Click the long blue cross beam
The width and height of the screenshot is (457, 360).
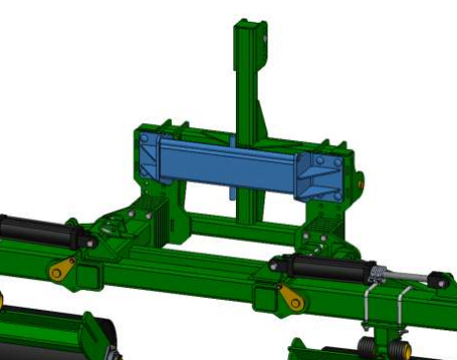click(227, 165)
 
